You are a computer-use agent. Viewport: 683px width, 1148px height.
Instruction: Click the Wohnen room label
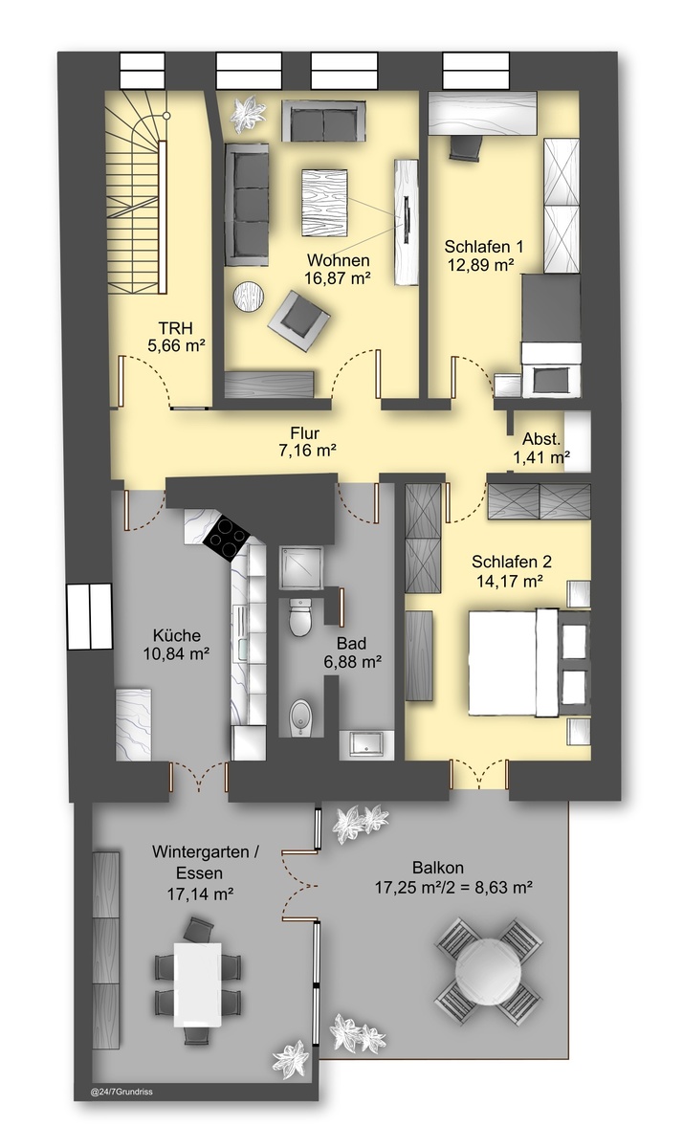338,260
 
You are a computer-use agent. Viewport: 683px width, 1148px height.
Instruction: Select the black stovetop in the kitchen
227,538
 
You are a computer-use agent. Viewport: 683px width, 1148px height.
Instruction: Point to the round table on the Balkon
489,968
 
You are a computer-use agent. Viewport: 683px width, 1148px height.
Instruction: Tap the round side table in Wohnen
249,296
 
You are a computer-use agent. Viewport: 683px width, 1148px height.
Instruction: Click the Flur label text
304,433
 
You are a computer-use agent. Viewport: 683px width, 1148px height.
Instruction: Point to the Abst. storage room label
541,439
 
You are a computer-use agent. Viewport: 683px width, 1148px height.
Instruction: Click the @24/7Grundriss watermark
121,1093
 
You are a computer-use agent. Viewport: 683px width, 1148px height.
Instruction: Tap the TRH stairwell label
175,327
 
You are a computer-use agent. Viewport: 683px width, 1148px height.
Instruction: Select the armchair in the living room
298,320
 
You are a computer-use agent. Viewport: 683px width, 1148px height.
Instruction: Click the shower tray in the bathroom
301,568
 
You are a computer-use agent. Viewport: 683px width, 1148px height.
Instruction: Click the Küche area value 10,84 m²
177,654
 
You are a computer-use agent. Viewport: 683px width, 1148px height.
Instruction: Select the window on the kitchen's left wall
89,616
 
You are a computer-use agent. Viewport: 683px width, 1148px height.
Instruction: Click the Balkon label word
438,868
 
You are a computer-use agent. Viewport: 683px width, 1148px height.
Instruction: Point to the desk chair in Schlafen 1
466,147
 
